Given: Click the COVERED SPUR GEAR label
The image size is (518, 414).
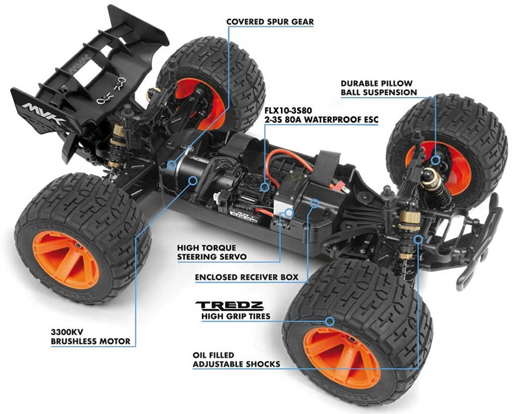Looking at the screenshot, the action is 270,22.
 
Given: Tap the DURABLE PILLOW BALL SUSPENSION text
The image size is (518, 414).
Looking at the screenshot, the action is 379,88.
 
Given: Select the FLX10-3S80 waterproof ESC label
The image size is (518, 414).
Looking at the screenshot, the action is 321,114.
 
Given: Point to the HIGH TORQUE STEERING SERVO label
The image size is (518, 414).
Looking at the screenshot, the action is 212,252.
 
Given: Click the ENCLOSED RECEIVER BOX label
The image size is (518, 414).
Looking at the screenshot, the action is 247,278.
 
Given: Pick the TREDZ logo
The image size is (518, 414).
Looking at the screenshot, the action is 229,306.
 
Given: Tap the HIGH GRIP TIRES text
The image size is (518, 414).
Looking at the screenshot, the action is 236,316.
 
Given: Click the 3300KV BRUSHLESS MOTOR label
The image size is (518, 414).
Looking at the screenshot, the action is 91,337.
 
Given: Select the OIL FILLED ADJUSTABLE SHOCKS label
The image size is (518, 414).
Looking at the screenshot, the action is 236,360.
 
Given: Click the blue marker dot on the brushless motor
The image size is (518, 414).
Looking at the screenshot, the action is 192,180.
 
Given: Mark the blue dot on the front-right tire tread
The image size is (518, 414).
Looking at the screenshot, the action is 329,321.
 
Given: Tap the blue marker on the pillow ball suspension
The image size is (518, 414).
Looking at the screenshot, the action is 436,160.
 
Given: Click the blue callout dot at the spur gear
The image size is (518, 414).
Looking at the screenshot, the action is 172,165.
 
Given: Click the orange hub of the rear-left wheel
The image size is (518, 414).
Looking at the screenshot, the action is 66,260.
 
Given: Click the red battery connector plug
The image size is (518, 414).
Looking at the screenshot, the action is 341,188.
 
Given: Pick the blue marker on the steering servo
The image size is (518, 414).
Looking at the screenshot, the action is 289,213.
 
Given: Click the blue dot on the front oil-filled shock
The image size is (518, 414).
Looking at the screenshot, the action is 418,239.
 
